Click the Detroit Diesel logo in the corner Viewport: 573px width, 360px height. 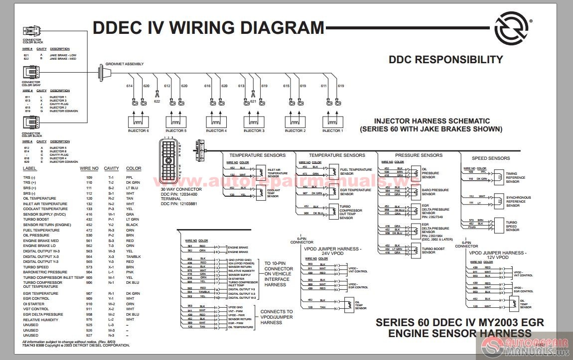(x=513, y=29)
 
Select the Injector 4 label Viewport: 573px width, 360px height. (x=216, y=131)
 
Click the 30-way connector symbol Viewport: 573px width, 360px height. (x=170, y=162)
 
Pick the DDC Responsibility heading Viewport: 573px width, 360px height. (x=445, y=60)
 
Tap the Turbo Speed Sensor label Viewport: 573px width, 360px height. (x=512, y=226)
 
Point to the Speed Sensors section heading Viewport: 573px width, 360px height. (x=491, y=158)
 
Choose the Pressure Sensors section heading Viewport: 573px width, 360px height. (x=419, y=155)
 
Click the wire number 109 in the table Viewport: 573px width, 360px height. (x=90, y=177)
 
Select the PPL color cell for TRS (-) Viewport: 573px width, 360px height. (x=130, y=177)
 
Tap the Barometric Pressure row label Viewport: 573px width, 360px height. (x=45, y=272)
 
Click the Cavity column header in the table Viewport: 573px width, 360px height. (x=112, y=169)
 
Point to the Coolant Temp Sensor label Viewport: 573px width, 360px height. (x=273, y=193)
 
